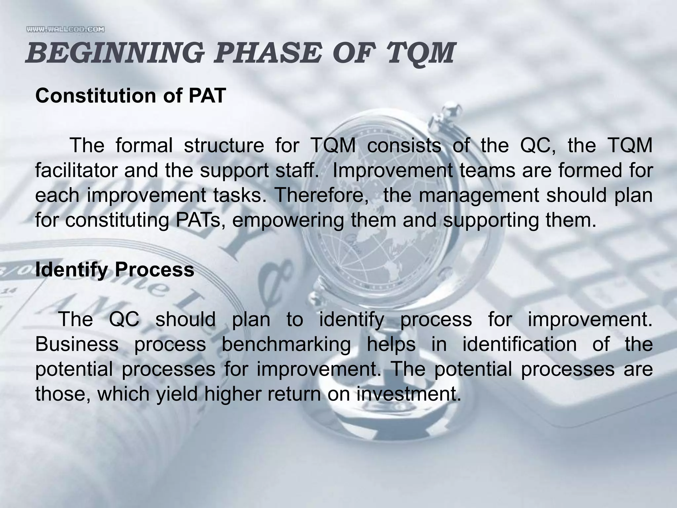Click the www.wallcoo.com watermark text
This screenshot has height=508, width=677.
click(65, 29)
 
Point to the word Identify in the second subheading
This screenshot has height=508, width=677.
click(71, 270)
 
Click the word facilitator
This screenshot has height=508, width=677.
click(76, 170)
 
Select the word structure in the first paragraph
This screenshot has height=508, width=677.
click(224, 145)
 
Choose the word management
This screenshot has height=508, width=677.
click(479, 195)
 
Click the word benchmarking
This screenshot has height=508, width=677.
click(286, 344)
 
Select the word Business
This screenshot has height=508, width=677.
click(77, 344)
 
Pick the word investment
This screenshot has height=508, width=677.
click(408, 394)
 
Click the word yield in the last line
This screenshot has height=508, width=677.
click(177, 394)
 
